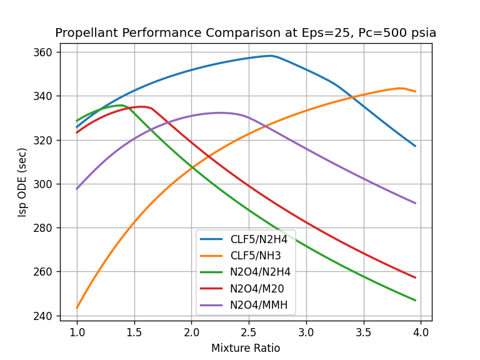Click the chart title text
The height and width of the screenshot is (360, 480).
click(x=246, y=33)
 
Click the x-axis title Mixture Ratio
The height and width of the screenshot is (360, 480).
click(x=246, y=348)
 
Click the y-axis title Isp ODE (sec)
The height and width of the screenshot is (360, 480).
click(x=22, y=182)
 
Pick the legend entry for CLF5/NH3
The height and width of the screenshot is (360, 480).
click(x=256, y=256)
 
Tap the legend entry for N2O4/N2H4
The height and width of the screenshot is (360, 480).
click(x=260, y=272)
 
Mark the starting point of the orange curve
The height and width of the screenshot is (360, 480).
click(x=77, y=307)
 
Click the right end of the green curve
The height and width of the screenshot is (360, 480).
click(x=415, y=300)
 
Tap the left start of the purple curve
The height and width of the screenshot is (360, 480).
click(x=77, y=189)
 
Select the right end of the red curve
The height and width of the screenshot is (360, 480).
click(x=415, y=277)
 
